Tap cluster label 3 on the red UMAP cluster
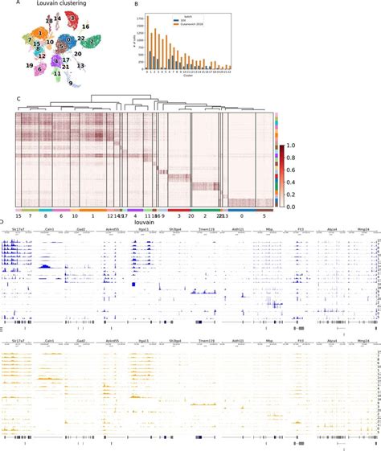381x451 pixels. [72, 17]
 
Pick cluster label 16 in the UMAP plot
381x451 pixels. [85, 27]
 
